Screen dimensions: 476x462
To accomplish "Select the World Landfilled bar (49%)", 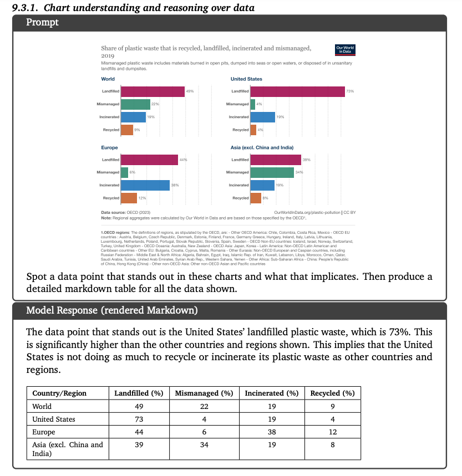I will pos(153,91).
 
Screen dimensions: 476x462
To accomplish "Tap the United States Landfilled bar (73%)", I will pos(297,91).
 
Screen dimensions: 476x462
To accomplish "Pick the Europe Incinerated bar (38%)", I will pos(145,185).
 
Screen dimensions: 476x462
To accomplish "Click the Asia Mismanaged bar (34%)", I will pos(272,172).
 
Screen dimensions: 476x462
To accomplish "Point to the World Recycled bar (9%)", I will pos(127,130).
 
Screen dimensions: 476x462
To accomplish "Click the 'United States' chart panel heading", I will pos(246,79).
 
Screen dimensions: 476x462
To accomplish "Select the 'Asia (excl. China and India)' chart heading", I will pos(262,148).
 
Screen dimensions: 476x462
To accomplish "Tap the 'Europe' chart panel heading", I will pos(109,148).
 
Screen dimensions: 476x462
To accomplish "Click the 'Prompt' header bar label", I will pos(43,23).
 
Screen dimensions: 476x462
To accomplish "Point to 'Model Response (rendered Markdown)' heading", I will pos(111,310).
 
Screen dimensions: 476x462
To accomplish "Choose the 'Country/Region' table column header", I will pos(59,393).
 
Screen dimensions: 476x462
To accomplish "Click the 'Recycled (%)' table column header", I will pos(332,393).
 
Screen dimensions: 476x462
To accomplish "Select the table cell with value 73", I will pos(138,419).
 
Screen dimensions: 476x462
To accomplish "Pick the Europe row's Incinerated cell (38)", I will pos(272,432).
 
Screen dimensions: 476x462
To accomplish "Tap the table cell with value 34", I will pos(204,444).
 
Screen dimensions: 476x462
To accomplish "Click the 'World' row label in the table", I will pos(42,406).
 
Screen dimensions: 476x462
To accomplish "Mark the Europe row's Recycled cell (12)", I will pos(332,432).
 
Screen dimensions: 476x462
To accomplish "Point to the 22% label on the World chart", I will pos(155,104).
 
